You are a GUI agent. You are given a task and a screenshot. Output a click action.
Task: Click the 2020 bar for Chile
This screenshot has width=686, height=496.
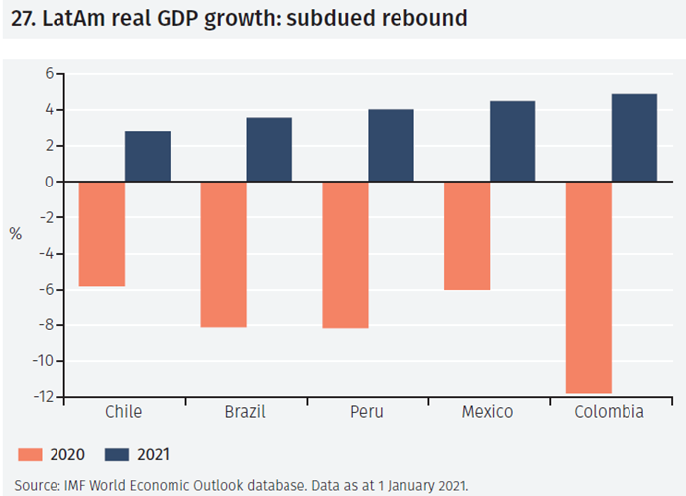[102, 234]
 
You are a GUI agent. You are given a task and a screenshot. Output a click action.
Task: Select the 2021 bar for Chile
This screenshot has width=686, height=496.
[148, 157]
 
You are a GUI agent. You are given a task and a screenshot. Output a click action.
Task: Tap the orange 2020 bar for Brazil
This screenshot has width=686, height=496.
[224, 255]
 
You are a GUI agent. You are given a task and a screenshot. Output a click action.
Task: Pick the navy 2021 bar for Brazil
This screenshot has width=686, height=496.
[270, 150]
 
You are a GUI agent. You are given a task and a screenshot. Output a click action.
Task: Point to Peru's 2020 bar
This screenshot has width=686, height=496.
[346, 255]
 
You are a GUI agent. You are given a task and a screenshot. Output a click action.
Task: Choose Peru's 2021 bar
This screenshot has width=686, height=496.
[391, 146]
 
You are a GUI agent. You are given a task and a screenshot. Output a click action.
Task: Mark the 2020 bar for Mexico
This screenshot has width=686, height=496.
[467, 236]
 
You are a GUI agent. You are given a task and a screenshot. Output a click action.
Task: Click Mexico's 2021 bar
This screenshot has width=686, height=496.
[513, 142]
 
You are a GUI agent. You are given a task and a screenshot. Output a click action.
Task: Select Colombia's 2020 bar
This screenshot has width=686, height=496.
[589, 288]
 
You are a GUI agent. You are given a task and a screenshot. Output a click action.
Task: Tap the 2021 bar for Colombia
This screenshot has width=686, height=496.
[634, 138]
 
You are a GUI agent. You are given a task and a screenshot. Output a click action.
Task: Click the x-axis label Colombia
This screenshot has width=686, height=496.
[610, 412]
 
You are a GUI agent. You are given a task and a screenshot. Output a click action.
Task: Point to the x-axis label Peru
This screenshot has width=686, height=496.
[368, 412]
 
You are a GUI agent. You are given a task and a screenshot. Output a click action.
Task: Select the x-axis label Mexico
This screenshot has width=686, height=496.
[487, 412]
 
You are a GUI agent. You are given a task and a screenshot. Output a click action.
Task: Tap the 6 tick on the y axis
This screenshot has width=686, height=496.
[47, 74]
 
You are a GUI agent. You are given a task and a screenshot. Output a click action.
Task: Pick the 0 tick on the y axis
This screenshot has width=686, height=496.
[47, 183]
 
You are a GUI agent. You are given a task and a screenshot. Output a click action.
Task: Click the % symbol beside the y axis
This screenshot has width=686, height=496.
[16, 235]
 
